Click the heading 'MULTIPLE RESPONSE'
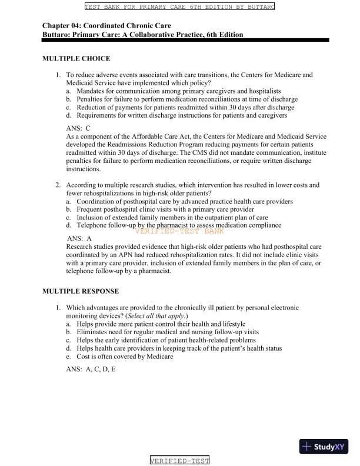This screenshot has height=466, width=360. (x=81, y=291)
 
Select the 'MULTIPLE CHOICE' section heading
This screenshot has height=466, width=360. (x=76, y=59)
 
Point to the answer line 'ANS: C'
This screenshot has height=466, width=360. (x=79, y=128)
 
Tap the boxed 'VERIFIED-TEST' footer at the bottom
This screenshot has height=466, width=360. (x=180, y=460)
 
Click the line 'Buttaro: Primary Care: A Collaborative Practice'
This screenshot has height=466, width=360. (x=142, y=35)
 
